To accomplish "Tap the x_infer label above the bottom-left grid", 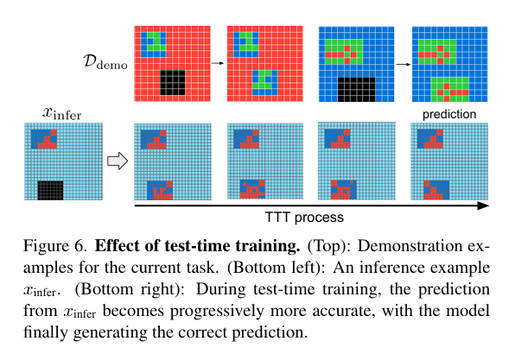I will coord(62,112).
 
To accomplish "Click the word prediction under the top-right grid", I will coord(443,114).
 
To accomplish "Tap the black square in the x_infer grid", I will coord(50,190).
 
